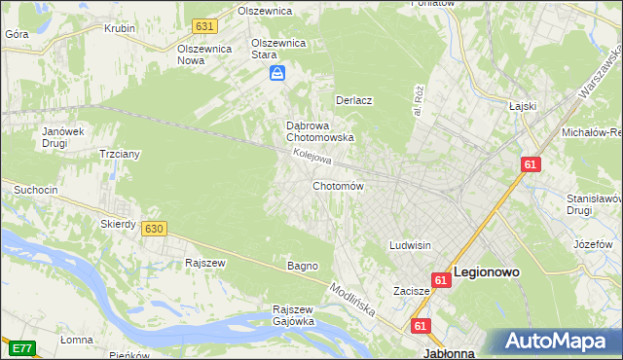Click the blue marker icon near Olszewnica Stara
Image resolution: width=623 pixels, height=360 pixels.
click(278, 74)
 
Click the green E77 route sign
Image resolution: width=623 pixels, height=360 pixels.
click(22, 347)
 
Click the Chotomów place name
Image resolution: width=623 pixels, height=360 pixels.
click(338, 186)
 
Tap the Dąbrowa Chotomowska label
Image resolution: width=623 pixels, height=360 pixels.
click(319, 131)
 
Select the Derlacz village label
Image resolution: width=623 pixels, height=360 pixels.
click(355, 100)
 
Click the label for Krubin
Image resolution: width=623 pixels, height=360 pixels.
click(120, 28)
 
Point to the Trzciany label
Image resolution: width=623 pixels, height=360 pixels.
click(121, 154)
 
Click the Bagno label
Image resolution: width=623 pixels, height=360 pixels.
click(302, 266)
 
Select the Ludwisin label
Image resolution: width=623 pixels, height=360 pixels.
click(410, 245)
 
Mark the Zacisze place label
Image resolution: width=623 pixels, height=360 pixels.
click(412, 291)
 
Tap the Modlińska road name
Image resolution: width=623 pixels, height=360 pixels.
click(352, 301)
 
